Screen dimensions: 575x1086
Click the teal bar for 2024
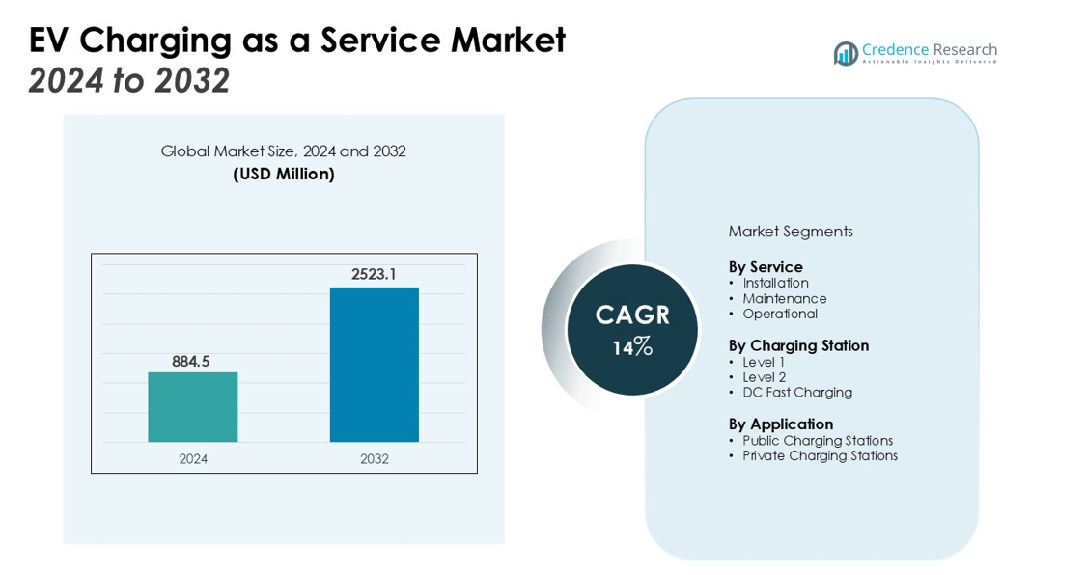pos(192,407)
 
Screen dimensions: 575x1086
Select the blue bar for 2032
pos(375,365)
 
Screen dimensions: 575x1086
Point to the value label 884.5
pos(191,362)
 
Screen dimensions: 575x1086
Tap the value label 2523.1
pos(374,274)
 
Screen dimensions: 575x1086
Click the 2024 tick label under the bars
pos(193,459)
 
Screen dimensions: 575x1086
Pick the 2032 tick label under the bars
pos(375,459)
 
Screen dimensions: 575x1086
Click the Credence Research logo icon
pos(846,53)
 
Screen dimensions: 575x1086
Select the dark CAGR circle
pos(632,330)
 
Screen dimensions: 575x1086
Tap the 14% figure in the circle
pos(632,347)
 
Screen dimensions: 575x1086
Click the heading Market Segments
pos(791,232)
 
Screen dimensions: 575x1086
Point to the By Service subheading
pos(766,267)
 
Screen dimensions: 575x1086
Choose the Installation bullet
pos(775,284)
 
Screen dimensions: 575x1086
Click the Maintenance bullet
pos(784,299)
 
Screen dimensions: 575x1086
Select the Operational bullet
pos(779,315)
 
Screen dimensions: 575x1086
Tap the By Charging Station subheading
pos(798,345)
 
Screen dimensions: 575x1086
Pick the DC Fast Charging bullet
pos(796,393)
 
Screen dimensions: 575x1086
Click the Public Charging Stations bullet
pos(817,441)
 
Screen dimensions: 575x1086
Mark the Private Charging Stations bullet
pos(820,456)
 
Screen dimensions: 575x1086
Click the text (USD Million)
pos(284,175)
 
